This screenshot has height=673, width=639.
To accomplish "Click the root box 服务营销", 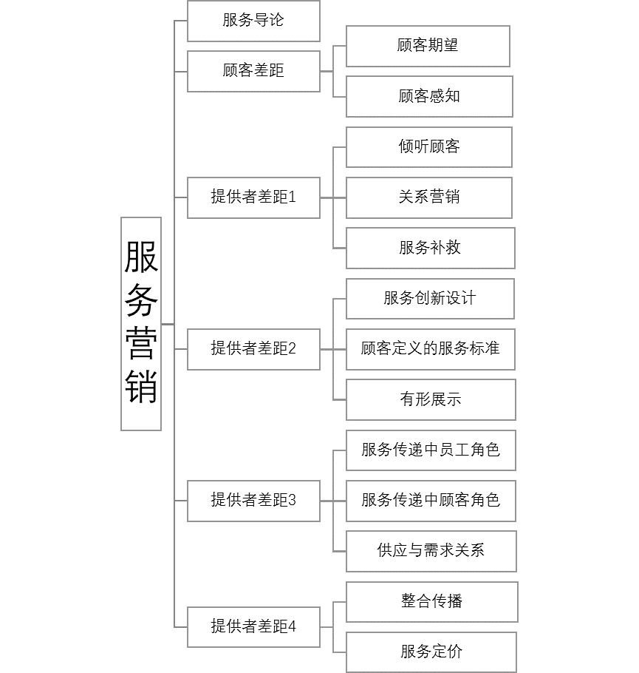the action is (x=141, y=324).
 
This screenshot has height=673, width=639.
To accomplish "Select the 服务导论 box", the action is (x=253, y=21).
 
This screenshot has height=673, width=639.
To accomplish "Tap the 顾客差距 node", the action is (x=253, y=71).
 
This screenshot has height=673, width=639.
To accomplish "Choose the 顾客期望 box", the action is (x=428, y=46).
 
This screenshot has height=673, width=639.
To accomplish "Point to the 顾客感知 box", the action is (x=429, y=96).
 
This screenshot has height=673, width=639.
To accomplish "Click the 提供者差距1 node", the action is (x=253, y=197).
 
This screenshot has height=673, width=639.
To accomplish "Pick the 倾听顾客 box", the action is (x=429, y=147).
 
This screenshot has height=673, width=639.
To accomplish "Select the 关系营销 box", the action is (x=429, y=197).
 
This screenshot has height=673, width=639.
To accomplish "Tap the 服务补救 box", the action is (x=430, y=248).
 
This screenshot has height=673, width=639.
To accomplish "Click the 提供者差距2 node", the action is (x=253, y=349).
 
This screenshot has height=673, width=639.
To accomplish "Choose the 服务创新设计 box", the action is (x=430, y=299).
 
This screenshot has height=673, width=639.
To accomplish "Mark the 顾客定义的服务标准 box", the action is (x=430, y=349).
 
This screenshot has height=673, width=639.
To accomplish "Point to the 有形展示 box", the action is (x=431, y=399).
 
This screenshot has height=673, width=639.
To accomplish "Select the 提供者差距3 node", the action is (x=253, y=501).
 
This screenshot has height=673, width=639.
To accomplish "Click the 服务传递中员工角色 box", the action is (x=431, y=450).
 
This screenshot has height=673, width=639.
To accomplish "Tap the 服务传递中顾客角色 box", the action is (x=431, y=501).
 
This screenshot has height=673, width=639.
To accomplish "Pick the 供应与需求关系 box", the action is (x=431, y=551).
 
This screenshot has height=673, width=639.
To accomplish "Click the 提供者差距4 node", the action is (x=253, y=627).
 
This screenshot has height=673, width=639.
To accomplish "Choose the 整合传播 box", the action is (x=431, y=601).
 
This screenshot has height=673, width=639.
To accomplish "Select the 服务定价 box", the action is (x=431, y=652).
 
